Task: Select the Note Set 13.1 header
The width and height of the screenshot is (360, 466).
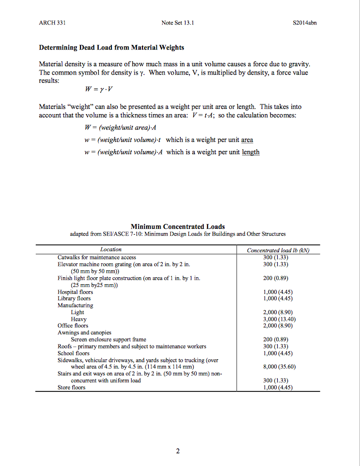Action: point(178,23)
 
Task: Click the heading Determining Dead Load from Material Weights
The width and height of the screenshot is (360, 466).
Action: point(111,47)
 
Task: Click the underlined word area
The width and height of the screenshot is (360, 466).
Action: point(247,140)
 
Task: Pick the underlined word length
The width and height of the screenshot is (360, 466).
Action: point(251,152)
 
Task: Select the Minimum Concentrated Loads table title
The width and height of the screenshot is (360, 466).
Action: point(178,227)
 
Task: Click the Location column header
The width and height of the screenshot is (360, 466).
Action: point(111,250)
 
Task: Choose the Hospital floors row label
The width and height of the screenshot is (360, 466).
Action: point(75,292)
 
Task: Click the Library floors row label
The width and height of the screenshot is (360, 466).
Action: point(74,299)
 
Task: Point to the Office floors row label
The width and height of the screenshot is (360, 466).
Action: point(73,326)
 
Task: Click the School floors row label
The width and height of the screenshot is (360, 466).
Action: point(74,353)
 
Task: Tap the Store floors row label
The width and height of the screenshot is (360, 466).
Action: point(71,388)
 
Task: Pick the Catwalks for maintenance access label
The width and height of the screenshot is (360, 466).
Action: point(97,257)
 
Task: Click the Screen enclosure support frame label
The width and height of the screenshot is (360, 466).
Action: point(108,339)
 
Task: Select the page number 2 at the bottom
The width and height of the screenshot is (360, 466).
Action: point(178,452)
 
